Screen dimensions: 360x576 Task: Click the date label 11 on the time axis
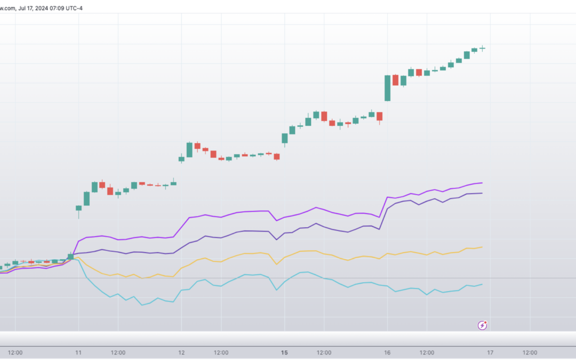tap(78, 353)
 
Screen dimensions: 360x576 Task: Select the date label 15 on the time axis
tap(284, 353)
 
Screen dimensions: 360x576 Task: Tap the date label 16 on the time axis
tap(387, 353)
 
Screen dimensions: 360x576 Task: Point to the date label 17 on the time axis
tap(490, 353)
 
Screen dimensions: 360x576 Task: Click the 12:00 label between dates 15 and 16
tap(324, 353)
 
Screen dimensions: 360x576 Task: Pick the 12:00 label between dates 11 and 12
tap(118, 353)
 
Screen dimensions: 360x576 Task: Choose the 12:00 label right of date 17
tap(530, 353)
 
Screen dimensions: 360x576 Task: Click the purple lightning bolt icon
tap(482, 325)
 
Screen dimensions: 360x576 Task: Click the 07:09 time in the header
tap(54, 7)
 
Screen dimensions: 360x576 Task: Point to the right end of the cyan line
tap(482, 284)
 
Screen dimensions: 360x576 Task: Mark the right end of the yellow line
tap(482, 247)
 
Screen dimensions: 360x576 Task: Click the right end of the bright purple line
tap(482, 183)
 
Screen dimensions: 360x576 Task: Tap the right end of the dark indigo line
tap(482, 193)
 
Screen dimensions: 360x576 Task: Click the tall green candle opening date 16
tap(387, 88)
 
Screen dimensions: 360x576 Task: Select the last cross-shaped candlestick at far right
tap(482, 49)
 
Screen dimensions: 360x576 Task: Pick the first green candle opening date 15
tap(284, 138)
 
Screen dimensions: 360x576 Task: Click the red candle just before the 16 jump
tap(379, 116)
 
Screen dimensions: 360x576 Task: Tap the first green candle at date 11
tap(78, 208)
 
